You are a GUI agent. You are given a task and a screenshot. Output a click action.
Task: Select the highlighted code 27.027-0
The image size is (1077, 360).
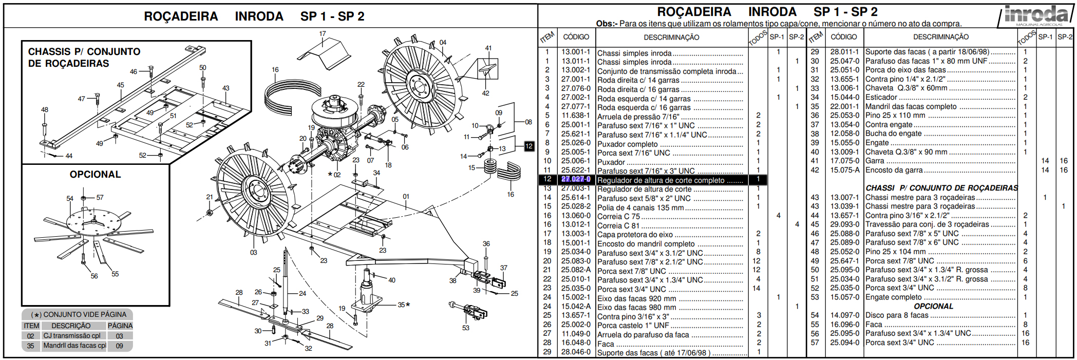pos(576,179)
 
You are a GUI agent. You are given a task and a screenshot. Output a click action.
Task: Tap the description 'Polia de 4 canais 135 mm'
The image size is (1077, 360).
pos(640,207)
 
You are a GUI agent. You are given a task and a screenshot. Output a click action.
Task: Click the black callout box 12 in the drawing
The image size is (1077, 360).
pos(529,146)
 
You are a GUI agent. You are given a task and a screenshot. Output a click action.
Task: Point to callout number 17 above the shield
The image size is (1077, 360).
pos(322,34)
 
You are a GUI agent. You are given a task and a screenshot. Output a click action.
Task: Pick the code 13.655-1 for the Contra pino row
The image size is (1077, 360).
pos(844,79)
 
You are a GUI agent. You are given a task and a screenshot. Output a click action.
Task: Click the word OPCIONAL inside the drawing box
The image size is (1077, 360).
pos(95,175)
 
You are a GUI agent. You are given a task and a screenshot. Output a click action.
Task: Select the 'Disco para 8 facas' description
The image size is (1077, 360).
pos(897,315)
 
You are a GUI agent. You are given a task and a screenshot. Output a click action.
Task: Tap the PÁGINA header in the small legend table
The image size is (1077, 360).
pos(120,326)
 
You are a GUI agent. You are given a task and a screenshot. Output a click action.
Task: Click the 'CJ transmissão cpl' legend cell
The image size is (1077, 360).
pos(72,336)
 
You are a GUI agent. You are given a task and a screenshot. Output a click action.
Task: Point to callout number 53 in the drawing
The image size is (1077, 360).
pos(465,328)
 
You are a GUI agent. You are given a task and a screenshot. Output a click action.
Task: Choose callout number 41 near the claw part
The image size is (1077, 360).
pos(488,48)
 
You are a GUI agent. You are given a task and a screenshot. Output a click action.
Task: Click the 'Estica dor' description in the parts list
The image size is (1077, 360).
pos(881,97)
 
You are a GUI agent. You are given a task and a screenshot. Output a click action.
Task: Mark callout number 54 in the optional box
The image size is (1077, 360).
pos(70,198)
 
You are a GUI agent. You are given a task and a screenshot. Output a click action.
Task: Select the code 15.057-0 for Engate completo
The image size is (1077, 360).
pos(844,297)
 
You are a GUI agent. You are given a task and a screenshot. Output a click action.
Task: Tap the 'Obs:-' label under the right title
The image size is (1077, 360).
pos(607,24)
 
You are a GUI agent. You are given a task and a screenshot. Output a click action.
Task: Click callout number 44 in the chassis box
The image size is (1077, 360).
pos(69,156)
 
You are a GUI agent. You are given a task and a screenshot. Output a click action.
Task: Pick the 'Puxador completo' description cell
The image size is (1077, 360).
pos(627,144)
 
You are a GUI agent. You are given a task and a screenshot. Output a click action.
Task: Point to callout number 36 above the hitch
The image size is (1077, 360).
pos(486,244)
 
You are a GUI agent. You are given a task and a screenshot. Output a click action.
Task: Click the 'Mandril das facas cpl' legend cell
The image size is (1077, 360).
pos(74,346)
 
